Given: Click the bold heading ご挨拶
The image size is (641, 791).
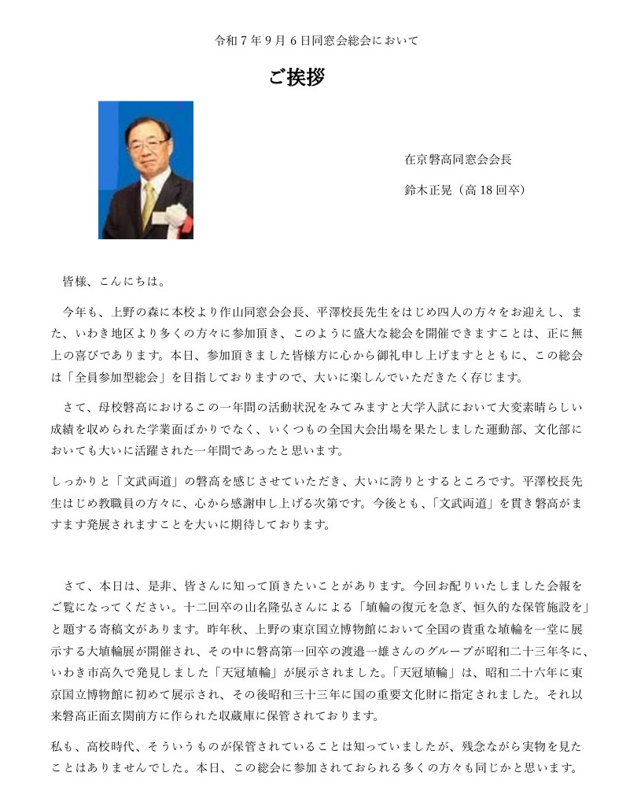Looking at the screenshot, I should click(x=297, y=77).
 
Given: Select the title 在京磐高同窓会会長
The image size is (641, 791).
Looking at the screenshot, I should click(x=458, y=159).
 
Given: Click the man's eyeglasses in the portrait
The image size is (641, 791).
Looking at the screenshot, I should click(x=146, y=145).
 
